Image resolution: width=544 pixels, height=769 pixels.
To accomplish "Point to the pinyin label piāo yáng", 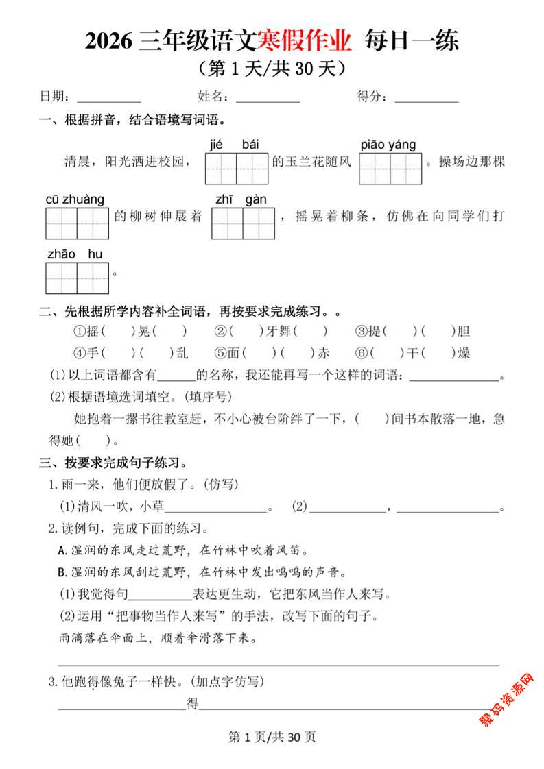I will (x=388, y=145).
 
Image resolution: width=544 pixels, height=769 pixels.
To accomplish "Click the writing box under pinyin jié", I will (x=220, y=169).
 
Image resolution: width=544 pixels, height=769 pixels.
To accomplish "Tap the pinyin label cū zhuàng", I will (x=75, y=199).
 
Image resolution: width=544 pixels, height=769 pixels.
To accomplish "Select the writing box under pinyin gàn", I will (x=258, y=223).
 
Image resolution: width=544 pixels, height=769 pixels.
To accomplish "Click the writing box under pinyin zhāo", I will (x=62, y=278).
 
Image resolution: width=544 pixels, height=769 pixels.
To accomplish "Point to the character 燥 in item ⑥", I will (x=464, y=354).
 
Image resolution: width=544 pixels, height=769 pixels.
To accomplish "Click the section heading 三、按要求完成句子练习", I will (x=113, y=463).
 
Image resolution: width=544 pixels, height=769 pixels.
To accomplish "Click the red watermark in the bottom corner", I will (x=510, y=699).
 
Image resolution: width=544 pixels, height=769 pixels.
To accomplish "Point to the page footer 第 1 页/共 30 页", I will (x=272, y=737).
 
